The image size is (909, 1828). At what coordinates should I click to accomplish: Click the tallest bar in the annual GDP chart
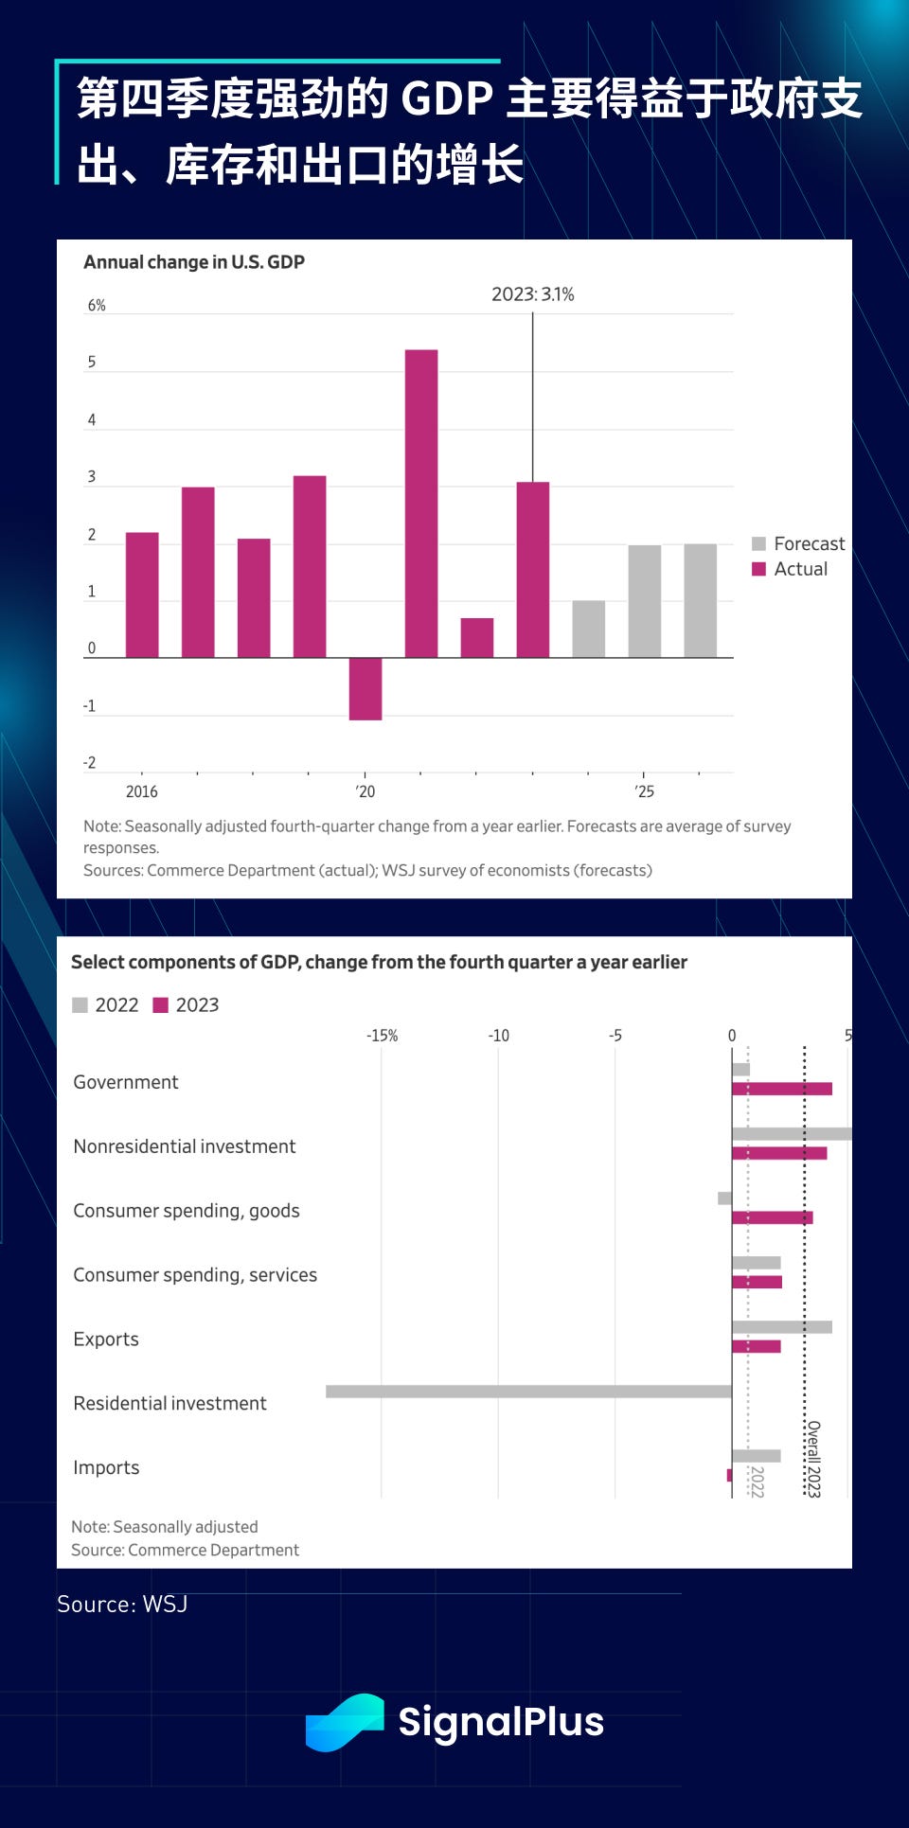click(x=421, y=504)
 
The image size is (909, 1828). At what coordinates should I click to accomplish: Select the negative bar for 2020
click(x=365, y=689)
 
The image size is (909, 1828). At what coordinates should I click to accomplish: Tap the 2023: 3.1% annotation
click(x=532, y=294)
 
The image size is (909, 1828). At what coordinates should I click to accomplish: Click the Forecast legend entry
click(x=798, y=543)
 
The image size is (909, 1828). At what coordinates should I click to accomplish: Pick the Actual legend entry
click(x=790, y=569)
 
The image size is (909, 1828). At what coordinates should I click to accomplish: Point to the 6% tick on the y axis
click(x=97, y=306)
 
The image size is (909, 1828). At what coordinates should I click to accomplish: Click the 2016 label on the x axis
click(x=142, y=791)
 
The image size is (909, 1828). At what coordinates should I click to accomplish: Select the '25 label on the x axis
click(x=644, y=791)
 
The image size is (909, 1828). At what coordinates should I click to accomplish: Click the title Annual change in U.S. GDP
click(x=194, y=262)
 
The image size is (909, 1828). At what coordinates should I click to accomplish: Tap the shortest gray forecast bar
click(x=589, y=630)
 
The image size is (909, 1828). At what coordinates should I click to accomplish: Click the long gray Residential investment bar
click(x=528, y=1392)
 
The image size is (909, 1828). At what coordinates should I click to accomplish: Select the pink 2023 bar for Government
click(x=782, y=1089)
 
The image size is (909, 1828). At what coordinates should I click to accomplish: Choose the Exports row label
click(x=106, y=1340)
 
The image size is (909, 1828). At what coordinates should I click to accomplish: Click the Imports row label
click(x=106, y=1468)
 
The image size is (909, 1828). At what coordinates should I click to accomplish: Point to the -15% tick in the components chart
click(x=383, y=1036)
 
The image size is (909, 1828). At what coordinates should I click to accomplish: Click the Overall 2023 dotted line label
click(x=813, y=1459)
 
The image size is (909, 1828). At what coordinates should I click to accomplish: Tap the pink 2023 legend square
click(x=161, y=1005)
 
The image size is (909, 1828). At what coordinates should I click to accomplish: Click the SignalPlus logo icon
click(x=345, y=1722)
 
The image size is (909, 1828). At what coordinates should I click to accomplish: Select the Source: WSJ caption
click(x=122, y=1605)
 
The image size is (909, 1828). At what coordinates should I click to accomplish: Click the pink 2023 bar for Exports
click(x=757, y=1346)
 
